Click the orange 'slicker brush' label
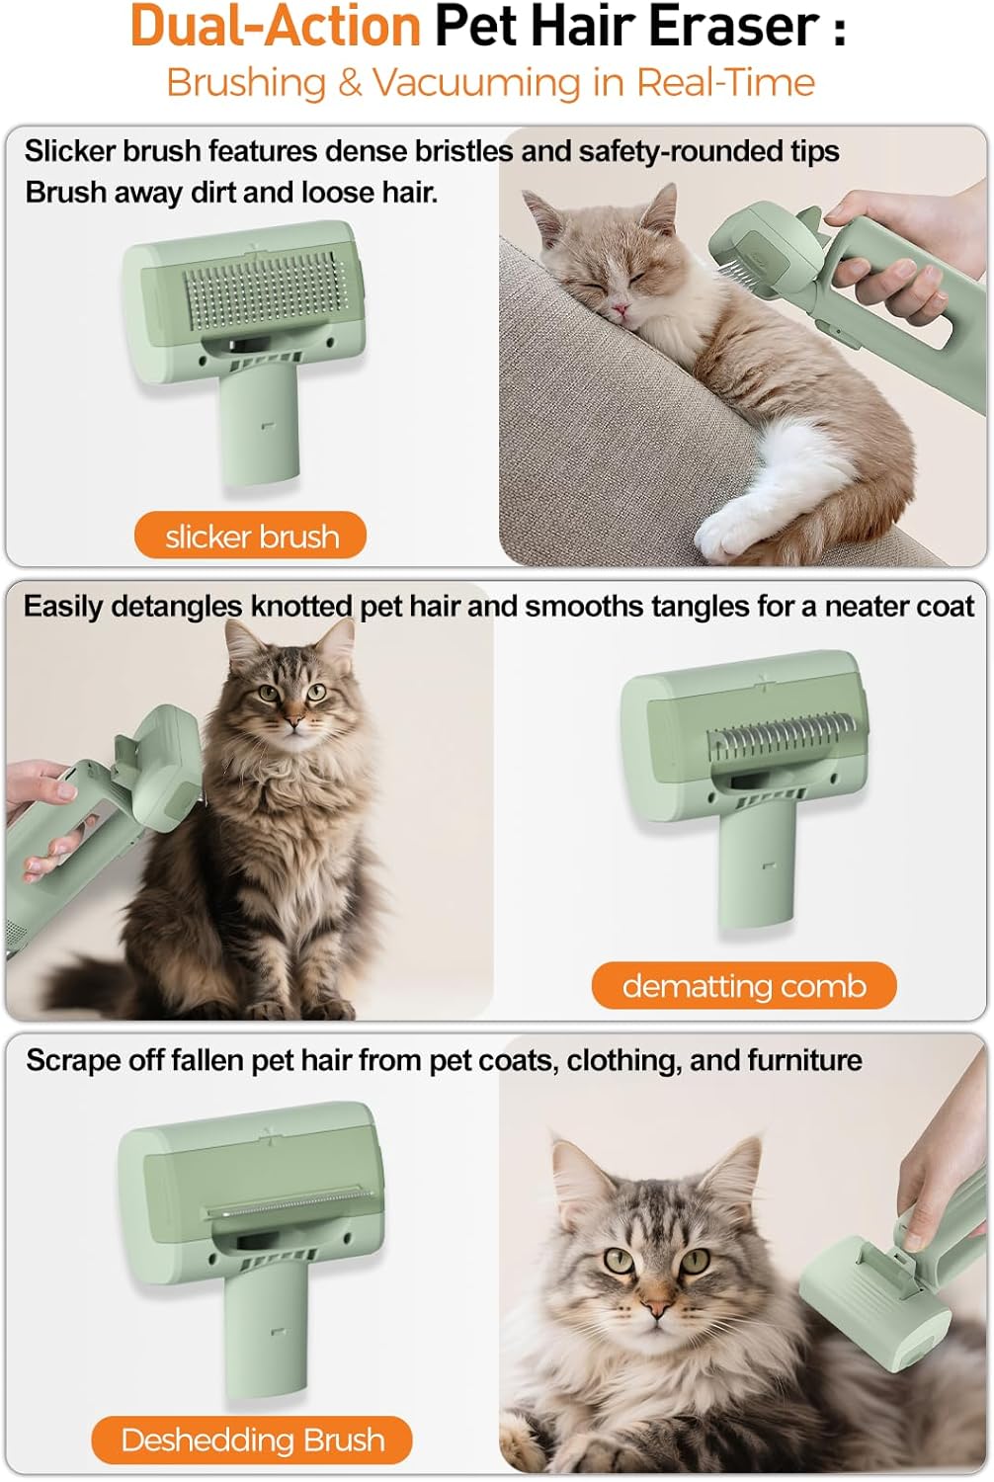[x=250, y=535]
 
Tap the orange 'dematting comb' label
[x=744, y=986]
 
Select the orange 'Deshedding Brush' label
[x=252, y=1440]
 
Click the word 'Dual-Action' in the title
[x=276, y=27]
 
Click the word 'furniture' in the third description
[x=804, y=1060]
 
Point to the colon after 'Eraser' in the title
[x=840, y=31]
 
